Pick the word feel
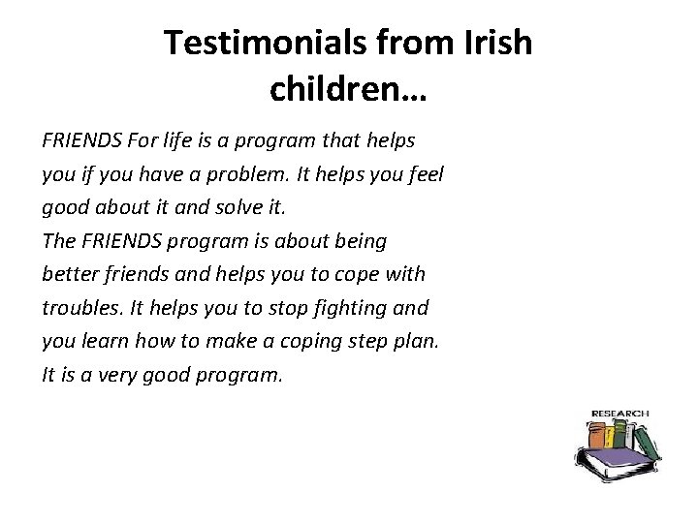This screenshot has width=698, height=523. coord(424,174)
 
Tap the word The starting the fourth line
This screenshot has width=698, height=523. coord(59,241)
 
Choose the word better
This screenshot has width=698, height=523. coord(71,274)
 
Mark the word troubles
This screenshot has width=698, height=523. coord(79,308)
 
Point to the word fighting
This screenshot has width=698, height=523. coord(345,308)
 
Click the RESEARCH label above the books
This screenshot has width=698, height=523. coord(619,414)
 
